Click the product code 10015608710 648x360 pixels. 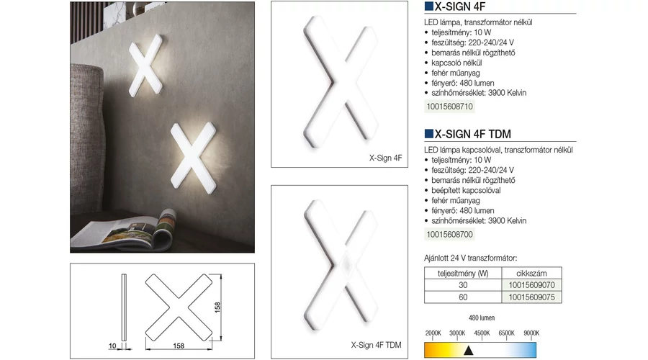(x=449, y=107)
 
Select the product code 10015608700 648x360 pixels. (x=449, y=235)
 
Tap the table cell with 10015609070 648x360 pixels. (x=532, y=285)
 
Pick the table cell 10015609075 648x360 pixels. (x=532, y=297)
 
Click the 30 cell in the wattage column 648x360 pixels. (x=463, y=285)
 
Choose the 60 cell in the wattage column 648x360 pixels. (x=463, y=297)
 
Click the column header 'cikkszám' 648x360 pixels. (x=531, y=273)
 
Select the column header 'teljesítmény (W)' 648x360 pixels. (x=463, y=273)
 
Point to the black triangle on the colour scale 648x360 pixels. (x=468, y=351)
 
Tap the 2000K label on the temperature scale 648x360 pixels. (x=433, y=333)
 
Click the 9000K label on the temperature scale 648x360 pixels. (x=531, y=333)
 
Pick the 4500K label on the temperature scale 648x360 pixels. (x=482, y=333)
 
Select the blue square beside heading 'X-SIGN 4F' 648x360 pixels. (x=428, y=6)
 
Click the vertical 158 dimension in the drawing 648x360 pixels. (x=217, y=307)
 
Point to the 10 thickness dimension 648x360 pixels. (x=112, y=346)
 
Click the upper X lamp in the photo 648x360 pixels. (x=145, y=66)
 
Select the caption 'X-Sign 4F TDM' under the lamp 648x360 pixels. (x=376, y=345)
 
